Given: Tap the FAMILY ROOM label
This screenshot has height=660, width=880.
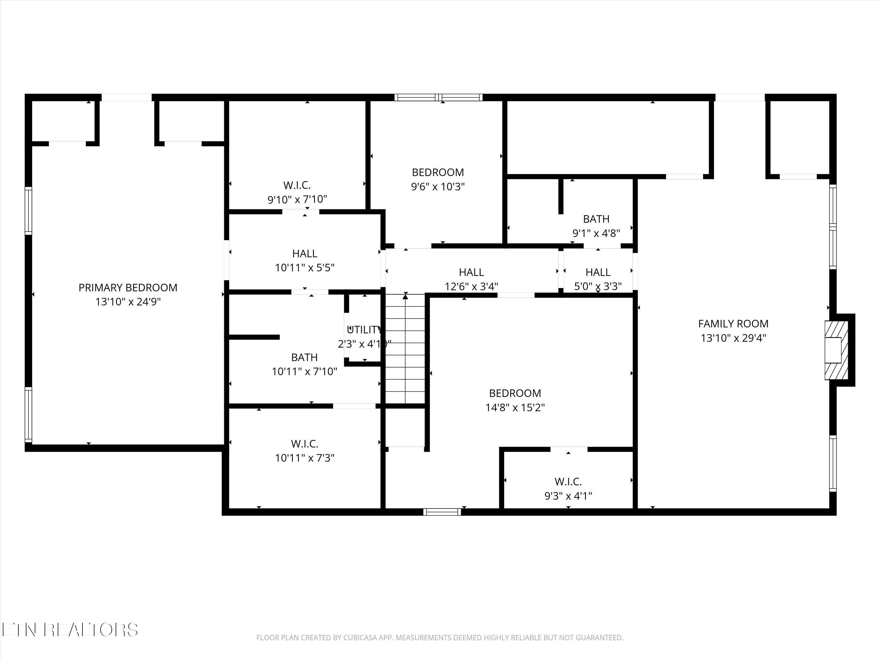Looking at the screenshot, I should pos(733,324).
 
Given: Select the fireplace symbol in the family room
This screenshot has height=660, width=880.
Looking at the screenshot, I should pos(835,350).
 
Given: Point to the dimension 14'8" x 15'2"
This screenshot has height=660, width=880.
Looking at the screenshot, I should pos(515,408).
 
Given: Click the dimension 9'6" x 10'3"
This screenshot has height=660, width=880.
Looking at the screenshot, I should pos(438,187).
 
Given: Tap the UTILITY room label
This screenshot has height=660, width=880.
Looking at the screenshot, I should pos(364,330).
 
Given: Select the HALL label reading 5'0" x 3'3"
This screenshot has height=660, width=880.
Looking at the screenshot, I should pos(598,273).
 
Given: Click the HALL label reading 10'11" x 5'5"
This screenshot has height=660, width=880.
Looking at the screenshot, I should pos(305,254).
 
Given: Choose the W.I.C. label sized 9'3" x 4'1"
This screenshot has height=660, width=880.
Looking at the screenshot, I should pos(568,482).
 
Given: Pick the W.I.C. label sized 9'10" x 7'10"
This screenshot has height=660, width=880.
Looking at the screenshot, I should pos(297,185).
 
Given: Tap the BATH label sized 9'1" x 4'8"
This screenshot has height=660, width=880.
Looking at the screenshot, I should pos(596,219).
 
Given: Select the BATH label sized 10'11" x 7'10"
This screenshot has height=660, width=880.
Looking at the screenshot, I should pos(304,357).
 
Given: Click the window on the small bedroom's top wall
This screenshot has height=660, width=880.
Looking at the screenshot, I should pos(439,97).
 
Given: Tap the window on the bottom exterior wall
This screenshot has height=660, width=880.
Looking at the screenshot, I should pos(442,512).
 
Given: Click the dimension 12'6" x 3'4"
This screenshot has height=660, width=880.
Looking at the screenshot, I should pos(471,286).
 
